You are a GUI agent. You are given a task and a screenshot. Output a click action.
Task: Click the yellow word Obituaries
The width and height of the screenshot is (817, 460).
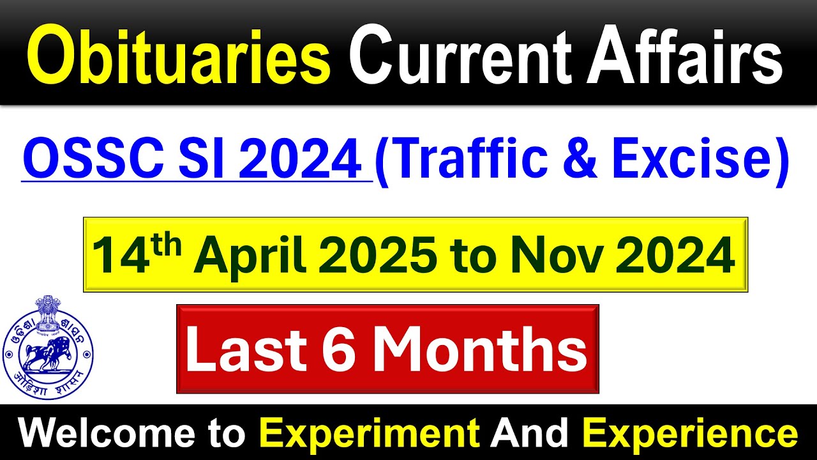pyautogui.click(x=178, y=59)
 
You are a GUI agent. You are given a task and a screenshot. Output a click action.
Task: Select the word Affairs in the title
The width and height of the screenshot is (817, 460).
pyautogui.click(x=684, y=59)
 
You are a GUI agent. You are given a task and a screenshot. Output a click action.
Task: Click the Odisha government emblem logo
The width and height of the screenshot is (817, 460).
pyautogui.click(x=48, y=338)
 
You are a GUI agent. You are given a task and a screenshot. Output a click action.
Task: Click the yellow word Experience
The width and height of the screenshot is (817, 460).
pyautogui.click(x=689, y=434)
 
